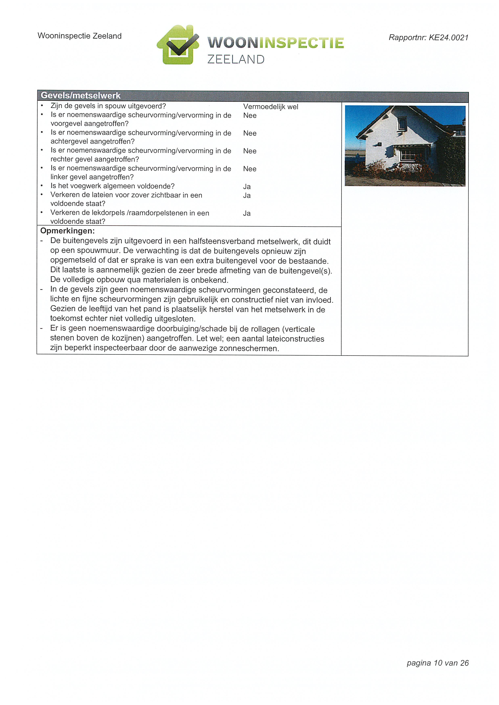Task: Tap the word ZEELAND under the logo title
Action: tap(236, 59)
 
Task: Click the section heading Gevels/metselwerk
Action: tap(81, 96)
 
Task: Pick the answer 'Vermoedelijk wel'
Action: tap(270, 107)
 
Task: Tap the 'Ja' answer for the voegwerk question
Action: tap(247, 187)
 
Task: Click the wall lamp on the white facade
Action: tap(380, 144)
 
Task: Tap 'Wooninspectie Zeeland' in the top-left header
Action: tap(80, 36)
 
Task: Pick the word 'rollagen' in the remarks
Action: tap(264, 329)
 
